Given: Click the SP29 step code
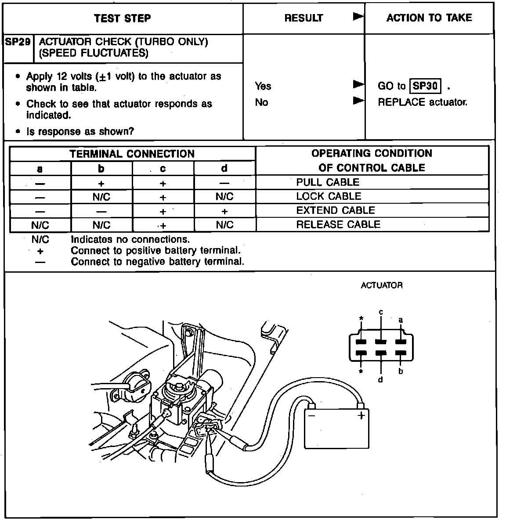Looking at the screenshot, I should pyautogui.click(x=18, y=42).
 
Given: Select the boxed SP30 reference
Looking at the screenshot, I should pyautogui.click(x=425, y=86).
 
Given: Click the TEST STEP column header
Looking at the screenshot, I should pyautogui.click(x=123, y=18).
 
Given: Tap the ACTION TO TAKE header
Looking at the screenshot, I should pyautogui.click(x=429, y=18).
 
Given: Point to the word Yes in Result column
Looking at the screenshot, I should pyautogui.click(x=263, y=86).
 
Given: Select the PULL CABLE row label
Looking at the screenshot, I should pyautogui.click(x=328, y=182).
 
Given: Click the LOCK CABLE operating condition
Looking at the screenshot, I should pyautogui.click(x=329, y=196).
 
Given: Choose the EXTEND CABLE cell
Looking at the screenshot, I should pyautogui.click(x=336, y=210).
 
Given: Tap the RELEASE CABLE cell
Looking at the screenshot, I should pyautogui.click(x=338, y=224).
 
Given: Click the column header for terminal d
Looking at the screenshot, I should pyautogui.click(x=224, y=168).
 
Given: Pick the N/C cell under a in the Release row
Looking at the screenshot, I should pyautogui.click(x=40, y=225).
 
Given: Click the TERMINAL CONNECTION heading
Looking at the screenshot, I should pyautogui.click(x=132, y=154).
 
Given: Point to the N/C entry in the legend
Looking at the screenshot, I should pyautogui.click(x=40, y=240).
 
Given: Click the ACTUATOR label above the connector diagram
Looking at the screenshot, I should pyautogui.click(x=381, y=285).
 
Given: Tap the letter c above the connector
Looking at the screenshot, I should pyautogui.click(x=381, y=312).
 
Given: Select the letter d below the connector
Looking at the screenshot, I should pyautogui.click(x=380, y=379).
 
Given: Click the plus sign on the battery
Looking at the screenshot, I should pyautogui.click(x=361, y=415).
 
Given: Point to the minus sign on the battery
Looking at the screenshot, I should pyautogui.click(x=311, y=415).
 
